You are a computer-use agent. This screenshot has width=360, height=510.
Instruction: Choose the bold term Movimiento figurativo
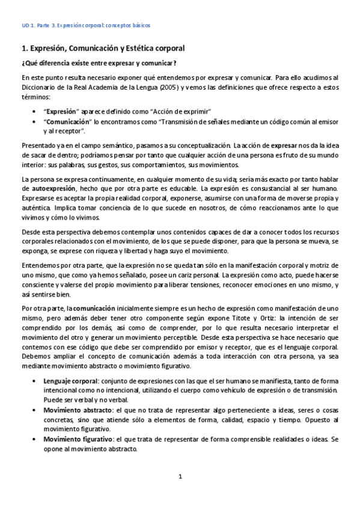(x=78, y=439)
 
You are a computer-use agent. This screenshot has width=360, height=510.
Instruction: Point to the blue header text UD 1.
(x=26, y=26)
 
